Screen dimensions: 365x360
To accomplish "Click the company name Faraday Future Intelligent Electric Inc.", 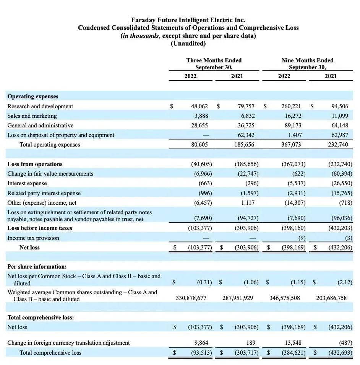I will point(188,20).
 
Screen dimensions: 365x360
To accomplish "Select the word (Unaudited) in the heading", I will point(188,43).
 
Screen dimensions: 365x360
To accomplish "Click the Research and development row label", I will point(40,106).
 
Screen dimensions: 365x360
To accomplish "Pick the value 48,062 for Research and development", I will point(199,106).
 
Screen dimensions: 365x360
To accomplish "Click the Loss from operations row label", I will point(35,164).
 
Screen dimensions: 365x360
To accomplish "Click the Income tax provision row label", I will point(33,238).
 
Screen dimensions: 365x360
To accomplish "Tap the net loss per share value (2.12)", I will point(345,282).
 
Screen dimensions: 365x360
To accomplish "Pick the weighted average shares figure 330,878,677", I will point(191,298).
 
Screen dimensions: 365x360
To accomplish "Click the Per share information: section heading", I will point(37,267).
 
